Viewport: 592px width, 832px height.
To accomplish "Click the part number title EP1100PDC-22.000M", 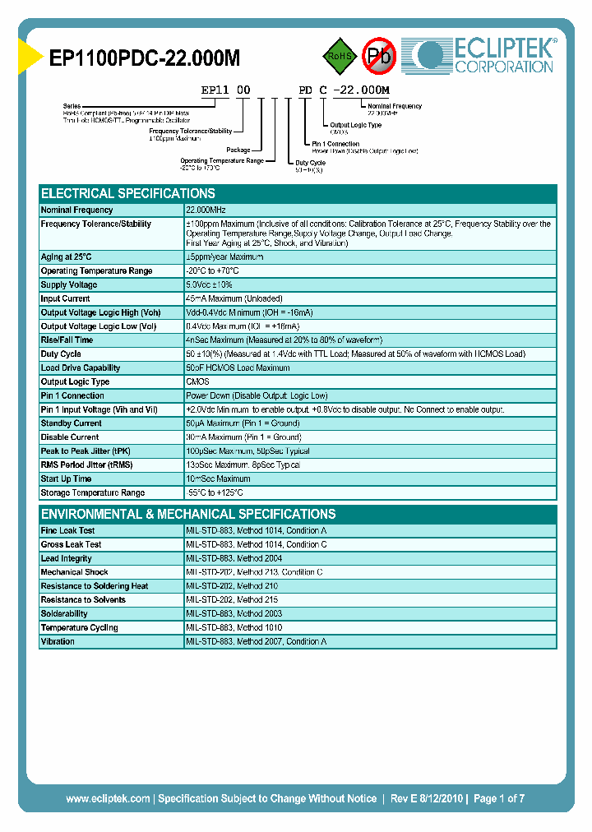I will point(145,58).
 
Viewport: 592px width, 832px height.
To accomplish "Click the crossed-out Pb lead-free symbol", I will point(380,56).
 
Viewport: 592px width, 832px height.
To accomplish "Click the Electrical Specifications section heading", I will point(128,194).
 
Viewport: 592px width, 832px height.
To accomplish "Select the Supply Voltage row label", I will point(69,284).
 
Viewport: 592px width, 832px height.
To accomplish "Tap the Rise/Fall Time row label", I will point(67,340).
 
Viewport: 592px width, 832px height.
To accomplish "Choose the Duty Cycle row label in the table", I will point(61,354).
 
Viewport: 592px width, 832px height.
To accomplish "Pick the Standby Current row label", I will point(71,423).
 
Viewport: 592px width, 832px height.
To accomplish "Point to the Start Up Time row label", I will point(66,478).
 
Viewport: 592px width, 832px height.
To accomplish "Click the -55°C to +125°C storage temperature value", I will point(215,492).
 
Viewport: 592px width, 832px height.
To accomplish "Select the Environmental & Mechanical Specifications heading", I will point(188,514).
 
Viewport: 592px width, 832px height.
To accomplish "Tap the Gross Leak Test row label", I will point(72,544).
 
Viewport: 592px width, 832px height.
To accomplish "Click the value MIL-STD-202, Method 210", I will point(232,586).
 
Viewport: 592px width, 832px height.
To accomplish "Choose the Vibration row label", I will point(58,641).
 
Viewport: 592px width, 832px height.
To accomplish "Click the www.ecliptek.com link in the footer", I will point(108,798).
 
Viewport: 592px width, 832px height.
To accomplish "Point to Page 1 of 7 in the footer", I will point(499,798).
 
